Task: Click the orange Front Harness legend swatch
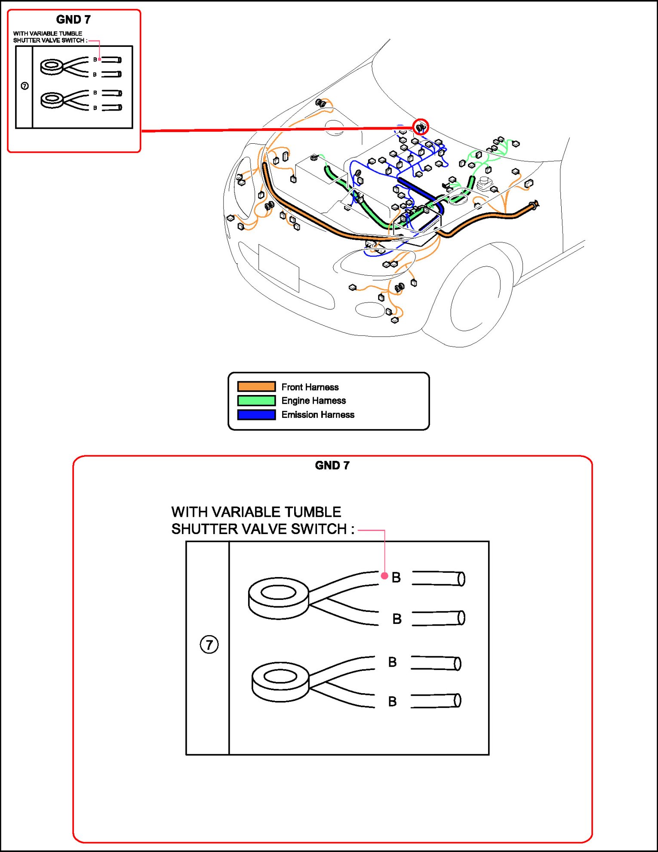pyautogui.click(x=256, y=386)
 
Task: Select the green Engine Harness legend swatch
pyautogui.click(x=256, y=401)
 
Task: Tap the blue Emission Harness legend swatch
pyautogui.click(x=256, y=415)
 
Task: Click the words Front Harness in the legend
pyautogui.click(x=310, y=387)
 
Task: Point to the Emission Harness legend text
pyautogui.click(x=318, y=415)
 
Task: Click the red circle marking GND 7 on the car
pyautogui.click(x=421, y=127)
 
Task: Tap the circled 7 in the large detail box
pyautogui.click(x=209, y=645)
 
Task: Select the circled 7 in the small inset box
pyautogui.click(x=25, y=86)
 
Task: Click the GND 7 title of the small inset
pyautogui.click(x=74, y=19)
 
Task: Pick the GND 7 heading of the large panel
pyautogui.click(x=332, y=465)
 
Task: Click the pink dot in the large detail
pyautogui.click(x=384, y=576)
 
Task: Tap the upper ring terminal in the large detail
pyautogui.click(x=279, y=598)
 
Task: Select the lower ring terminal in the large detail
pyautogui.click(x=280, y=681)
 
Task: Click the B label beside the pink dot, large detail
pyautogui.click(x=396, y=577)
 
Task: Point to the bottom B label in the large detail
pyautogui.click(x=392, y=701)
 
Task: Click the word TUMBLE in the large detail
pyautogui.click(x=313, y=512)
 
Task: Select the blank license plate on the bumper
pyautogui.click(x=279, y=268)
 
